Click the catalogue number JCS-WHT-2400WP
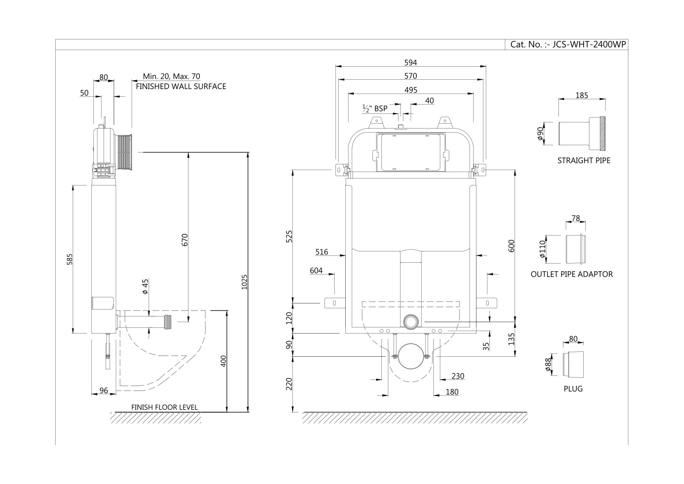pos(568,45)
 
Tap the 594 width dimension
pos(410,63)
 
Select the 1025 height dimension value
pos(245,282)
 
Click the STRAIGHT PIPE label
pos(584,160)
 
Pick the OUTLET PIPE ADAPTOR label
pos(571,274)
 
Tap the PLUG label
pos(573,389)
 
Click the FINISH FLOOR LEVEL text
pos(164,407)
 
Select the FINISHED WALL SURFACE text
pos(181,86)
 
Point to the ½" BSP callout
pos(375,109)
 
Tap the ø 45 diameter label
pos(145,286)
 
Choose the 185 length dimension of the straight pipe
pos(582,96)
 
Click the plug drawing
pos(574,363)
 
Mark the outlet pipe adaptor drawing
pos(576,249)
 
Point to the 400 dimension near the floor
pos(222,360)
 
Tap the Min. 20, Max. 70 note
pos(171,76)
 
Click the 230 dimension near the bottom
pos(458,376)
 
